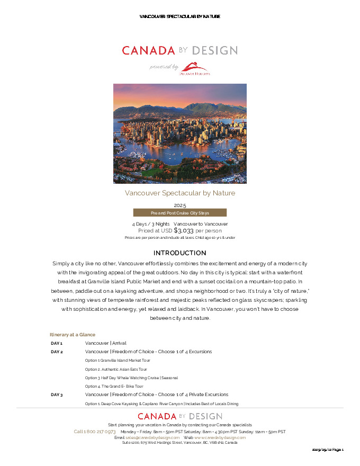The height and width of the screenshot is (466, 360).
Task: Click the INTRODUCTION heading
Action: pos(179,253)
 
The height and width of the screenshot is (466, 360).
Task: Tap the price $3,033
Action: pos(184,230)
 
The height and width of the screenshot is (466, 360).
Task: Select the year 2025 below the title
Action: pos(179,205)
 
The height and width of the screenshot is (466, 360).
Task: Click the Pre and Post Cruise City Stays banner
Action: pos(179,213)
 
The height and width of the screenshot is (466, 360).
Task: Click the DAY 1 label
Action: pos(57,343)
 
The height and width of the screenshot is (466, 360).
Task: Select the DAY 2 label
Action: pos(57,352)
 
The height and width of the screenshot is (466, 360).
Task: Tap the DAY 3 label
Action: pos(57,395)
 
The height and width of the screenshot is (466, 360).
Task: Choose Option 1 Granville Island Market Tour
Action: pos(118,361)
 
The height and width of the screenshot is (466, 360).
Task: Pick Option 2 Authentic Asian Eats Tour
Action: pos(116,369)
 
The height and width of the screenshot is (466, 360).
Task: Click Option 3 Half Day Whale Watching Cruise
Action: pos(131,378)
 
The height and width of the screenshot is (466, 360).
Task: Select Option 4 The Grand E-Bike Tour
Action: pos(114,387)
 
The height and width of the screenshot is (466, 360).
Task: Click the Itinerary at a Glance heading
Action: pos(73,335)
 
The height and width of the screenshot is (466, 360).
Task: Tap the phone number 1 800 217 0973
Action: pos(95,432)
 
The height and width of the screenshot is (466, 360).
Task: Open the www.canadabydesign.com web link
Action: pos(220,437)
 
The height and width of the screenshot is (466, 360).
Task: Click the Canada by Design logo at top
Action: pos(179,51)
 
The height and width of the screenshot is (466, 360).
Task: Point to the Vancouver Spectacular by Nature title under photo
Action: pos(179,193)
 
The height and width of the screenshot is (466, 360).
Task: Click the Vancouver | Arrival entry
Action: pos(105,343)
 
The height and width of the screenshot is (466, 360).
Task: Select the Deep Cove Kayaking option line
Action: pos(161,404)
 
